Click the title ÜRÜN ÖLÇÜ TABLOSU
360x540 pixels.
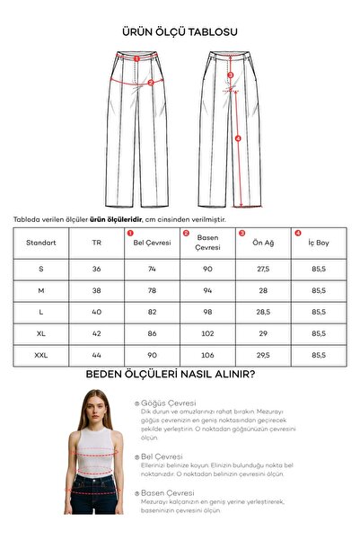point(180,31)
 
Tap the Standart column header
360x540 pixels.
point(41,242)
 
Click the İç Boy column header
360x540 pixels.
point(319,242)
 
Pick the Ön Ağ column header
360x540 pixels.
point(263,242)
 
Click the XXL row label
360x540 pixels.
point(41,355)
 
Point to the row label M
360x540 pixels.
point(41,290)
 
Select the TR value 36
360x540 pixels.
point(97,269)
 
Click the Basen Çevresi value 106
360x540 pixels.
point(207,355)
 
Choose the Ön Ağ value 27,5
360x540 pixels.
point(263,269)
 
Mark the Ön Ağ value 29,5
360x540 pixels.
point(263,355)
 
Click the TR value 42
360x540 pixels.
point(97,333)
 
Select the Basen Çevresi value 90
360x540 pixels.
point(207,269)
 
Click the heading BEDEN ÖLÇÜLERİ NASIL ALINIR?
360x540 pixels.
point(171,375)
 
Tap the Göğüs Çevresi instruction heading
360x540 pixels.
point(168,403)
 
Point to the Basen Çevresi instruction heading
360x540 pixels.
point(168,493)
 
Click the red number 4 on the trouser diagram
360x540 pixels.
point(238,138)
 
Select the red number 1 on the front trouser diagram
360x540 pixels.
point(136,58)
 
